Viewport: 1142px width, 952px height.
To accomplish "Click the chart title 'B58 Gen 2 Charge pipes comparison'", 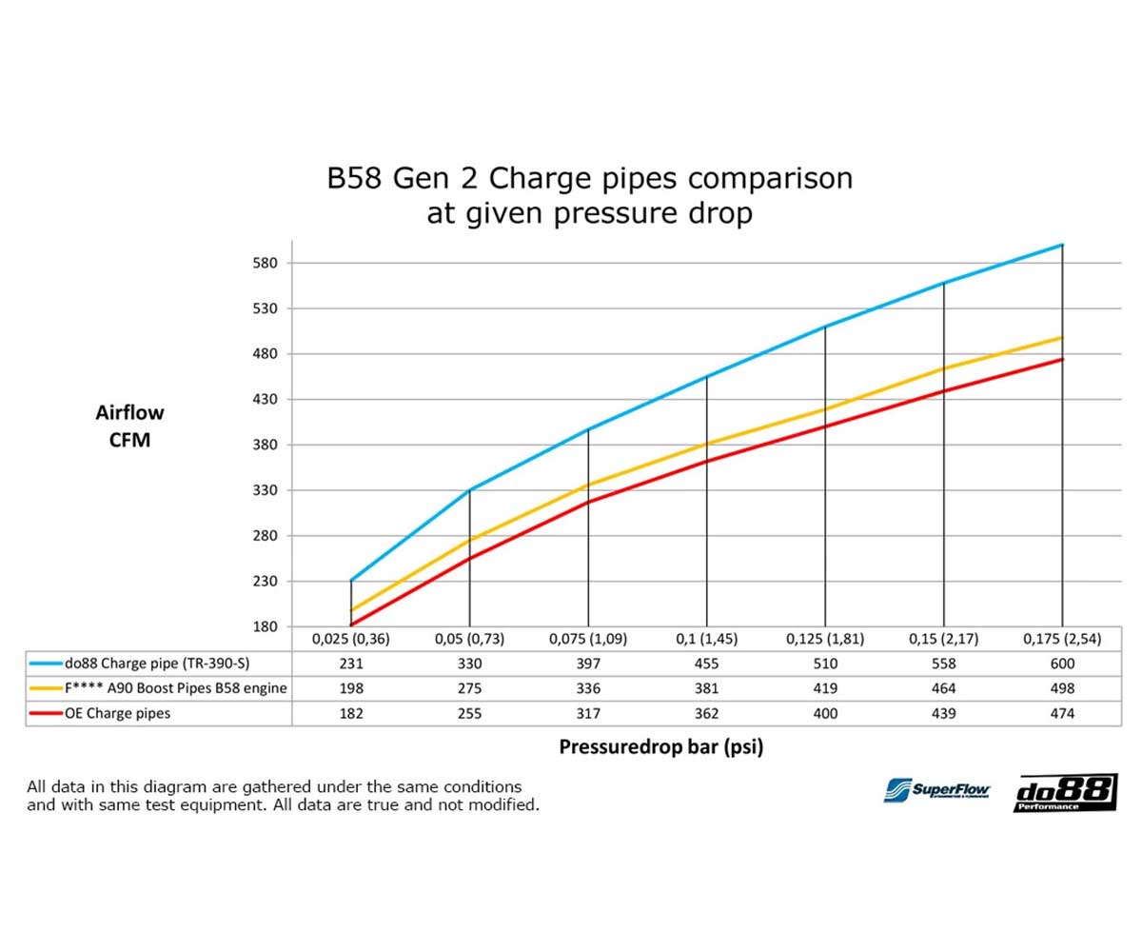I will [589, 179].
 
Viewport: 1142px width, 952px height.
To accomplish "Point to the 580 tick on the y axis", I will [264, 263].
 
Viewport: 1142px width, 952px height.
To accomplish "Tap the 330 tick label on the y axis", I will [264, 490].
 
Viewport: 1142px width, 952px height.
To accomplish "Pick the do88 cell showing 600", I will [1062, 664].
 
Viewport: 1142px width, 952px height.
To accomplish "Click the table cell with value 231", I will [351, 664].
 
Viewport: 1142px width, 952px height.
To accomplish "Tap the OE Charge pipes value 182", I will [351, 713].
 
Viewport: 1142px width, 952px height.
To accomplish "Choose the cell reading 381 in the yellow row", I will [706, 688].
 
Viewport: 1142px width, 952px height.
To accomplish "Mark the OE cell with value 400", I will [825, 713].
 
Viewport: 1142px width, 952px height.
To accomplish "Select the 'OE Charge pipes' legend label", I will [117, 713].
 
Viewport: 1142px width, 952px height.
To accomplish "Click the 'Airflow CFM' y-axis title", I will [129, 426].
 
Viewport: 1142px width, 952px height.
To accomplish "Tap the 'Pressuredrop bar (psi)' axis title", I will [660, 747].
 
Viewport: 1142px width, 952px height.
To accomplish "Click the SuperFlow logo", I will [937, 790].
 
